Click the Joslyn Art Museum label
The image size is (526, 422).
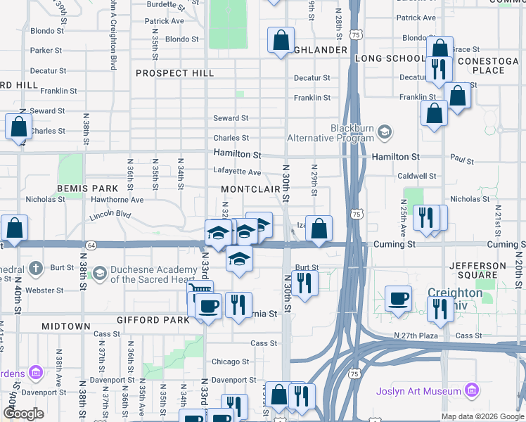pyautogui.click(x=427, y=391)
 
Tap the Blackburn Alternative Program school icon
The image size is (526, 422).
pyautogui.click(x=384, y=131)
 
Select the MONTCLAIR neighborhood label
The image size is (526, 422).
pyautogui.click(x=251, y=190)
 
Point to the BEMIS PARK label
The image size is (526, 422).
pyautogui.click(x=88, y=189)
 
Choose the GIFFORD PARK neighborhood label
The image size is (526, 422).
pyautogui.click(x=155, y=320)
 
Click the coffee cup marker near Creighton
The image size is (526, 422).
pyautogui.click(x=399, y=298)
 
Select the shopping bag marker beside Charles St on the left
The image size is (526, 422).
pyautogui.click(x=18, y=127)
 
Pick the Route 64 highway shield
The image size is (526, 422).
pyautogui.click(x=91, y=245)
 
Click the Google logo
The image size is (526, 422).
pyautogui.click(x=23, y=414)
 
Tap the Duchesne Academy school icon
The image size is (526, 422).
pyautogui.click(x=100, y=272)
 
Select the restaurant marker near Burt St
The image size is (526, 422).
pyautogui.click(x=304, y=282)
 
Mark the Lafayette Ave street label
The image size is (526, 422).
pyautogui.click(x=237, y=172)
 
